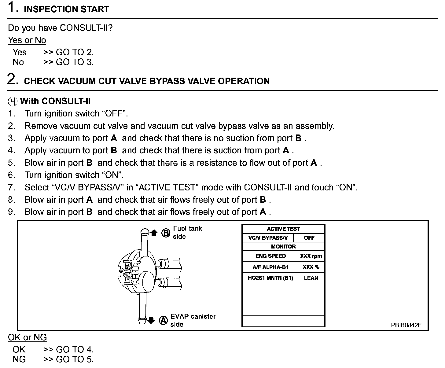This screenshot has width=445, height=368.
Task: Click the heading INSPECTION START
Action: pyautogui.click(x=66, y=9)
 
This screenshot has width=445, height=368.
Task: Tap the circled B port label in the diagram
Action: pyautogui.click(x=166, y=233)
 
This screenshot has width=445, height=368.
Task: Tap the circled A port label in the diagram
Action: pyautogui.click(x=164, y=321)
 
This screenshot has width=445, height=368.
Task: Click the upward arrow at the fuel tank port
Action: pyautogui.click(x=154, y=233)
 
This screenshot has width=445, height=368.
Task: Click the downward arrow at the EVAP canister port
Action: pyautogui.click(x=151, y=321)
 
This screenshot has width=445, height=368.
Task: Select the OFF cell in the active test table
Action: pyautogui.click(x=309, y=238)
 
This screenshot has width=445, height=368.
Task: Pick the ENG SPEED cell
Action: pyautogui.click(x=270, y=256)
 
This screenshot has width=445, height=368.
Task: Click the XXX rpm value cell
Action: pyautogui.click(x=311, y=256)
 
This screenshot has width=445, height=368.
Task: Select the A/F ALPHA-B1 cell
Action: pyautogui.click(x=270, y=267)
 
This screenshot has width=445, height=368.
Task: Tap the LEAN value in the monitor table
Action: pyautogui.click(x=311, y=278)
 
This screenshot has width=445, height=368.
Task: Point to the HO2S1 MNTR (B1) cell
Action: pyautogui.click(x=270, y=278)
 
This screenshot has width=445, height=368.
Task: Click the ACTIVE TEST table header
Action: pyautogui.click(x=283, y=229)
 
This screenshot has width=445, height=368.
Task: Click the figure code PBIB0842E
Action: pyautogui.click(x=406, y=325)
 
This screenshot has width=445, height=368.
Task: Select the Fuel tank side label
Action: pyautogui.click(x=187, y=232)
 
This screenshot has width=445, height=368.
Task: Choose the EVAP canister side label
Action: pyautogui.click(x=193, y=320)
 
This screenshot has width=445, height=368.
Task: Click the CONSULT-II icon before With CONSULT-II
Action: pyautogui.click(x=13, y=101)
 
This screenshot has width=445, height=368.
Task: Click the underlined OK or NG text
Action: pyautogui.click(x=28, y=337)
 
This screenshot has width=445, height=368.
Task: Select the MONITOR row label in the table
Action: pyautogui.click(x=283, y=247)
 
